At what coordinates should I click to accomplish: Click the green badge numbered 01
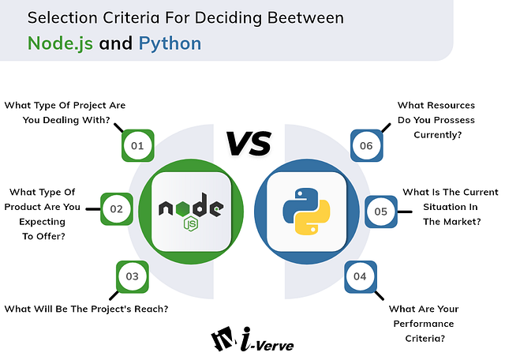pos(137,145)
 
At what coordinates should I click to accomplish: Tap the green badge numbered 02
pos(116,209)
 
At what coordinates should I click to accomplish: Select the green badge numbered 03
pos(132,276)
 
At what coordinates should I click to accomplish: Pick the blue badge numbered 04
pos(361,276)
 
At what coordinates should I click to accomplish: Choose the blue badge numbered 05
pos(381,211)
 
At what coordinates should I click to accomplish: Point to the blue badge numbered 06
pos(366,146)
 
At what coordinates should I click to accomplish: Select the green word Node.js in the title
pos(61,43)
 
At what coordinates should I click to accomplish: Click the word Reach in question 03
pos(149,309)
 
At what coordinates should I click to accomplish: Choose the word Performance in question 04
pos(423,324)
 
